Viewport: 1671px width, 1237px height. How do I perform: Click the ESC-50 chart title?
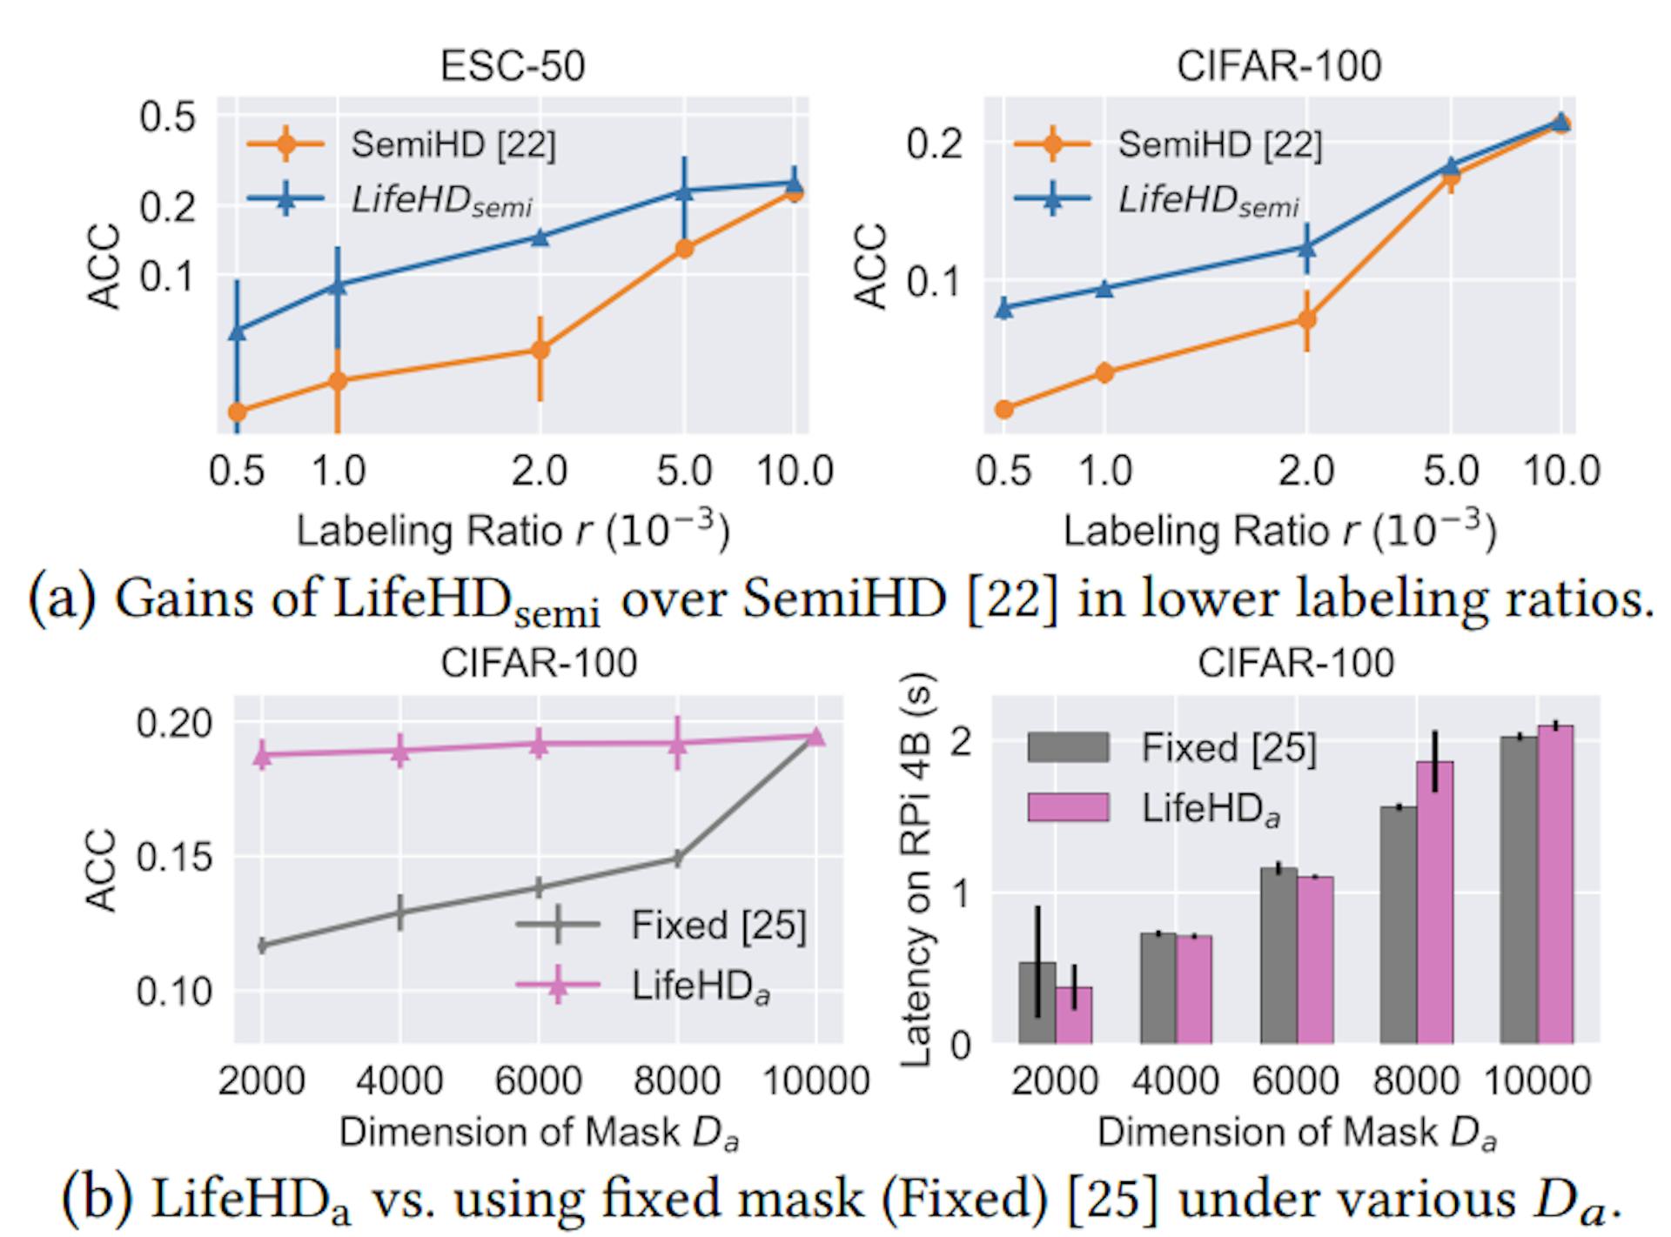[512, 66]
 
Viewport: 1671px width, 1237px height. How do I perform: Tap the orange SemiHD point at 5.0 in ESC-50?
[685, 249]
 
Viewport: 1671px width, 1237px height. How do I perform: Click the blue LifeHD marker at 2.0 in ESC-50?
[540, 237]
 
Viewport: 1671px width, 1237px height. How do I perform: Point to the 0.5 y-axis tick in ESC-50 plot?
[167, 116]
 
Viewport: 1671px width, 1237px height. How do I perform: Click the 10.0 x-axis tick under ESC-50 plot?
[794, 471]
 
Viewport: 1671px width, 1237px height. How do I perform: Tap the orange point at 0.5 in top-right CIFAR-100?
[1003, 409]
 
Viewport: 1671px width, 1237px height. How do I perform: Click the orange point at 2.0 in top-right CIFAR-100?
[1306, 319]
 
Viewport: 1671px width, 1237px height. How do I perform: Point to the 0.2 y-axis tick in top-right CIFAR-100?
[935, 144]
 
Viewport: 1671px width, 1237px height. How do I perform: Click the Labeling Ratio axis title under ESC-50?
[512, 531]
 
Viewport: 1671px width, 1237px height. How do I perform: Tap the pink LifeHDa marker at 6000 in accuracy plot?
[539, 745]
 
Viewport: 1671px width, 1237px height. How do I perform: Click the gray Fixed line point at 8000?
[677, 859]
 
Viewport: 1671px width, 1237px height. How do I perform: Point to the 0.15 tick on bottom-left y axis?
[174, 858]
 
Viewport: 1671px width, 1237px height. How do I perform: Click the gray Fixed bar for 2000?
[1037, 1002]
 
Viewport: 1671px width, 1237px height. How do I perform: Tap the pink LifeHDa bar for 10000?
[1554, 884]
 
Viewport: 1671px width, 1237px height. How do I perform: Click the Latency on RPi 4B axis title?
[916, 870]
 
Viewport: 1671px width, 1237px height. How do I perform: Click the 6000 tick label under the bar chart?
[1295, 1081]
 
